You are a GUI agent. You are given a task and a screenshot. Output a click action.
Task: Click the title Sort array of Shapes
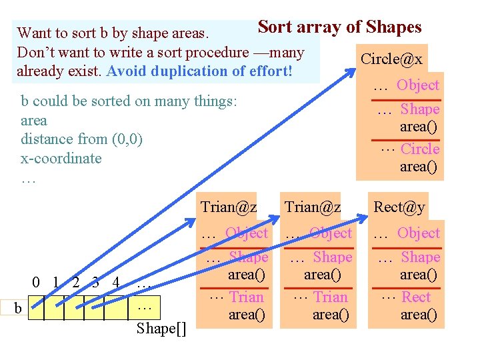(x=339, y=27)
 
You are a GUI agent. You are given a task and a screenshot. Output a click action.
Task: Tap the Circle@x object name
(x=391, y=59)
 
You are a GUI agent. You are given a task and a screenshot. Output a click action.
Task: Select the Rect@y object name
(x=399, y=207)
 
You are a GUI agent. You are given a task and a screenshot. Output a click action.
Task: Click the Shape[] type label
(x=161, y=328)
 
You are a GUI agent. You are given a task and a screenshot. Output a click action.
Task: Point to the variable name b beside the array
(x=18, y=307)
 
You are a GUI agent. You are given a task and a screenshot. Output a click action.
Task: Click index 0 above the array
(x=37, y=282)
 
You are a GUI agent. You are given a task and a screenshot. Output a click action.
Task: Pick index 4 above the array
(x=116, y=282)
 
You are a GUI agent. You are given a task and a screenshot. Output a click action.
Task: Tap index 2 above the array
(x=77, y=282)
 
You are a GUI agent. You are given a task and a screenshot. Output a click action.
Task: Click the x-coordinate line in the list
(x=61, y=159)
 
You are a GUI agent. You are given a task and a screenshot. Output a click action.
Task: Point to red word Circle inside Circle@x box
(x=420, y=149)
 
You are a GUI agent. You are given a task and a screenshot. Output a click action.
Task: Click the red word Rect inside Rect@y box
(x=416, y=297)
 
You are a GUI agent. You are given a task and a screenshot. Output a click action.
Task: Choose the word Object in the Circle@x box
(x=418, y=85)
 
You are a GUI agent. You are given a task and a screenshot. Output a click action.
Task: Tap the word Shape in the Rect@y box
(x=421, y=257)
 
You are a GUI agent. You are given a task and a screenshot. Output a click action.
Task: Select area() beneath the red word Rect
(x=419, y=314)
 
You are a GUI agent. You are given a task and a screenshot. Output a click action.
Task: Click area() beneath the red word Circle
(x=419, y=166)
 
